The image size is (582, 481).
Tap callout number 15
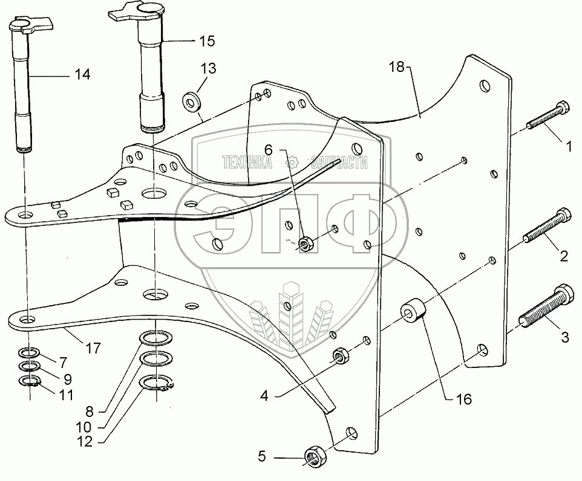[206, 41]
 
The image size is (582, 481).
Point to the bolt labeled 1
[547, 117]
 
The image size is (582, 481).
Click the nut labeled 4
[341, 355]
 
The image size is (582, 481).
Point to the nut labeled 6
[307, 244]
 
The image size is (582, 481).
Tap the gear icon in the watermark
[292, 162]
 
